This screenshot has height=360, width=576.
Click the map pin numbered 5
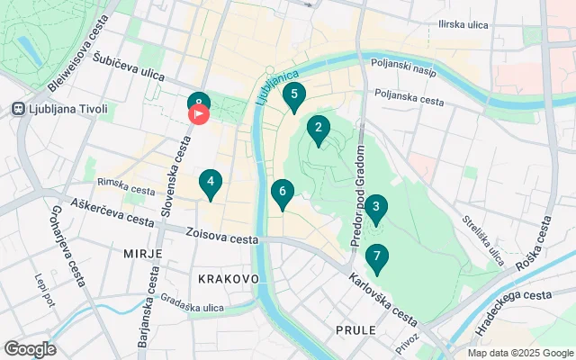294,94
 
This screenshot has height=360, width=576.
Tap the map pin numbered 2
318,129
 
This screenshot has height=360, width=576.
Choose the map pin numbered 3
376,208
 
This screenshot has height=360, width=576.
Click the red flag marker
199,115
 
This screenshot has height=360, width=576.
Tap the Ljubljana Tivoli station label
67,110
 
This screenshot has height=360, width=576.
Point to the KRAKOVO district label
229,279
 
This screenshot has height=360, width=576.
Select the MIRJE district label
142,254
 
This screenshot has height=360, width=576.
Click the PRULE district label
355,330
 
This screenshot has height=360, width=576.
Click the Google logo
30,349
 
